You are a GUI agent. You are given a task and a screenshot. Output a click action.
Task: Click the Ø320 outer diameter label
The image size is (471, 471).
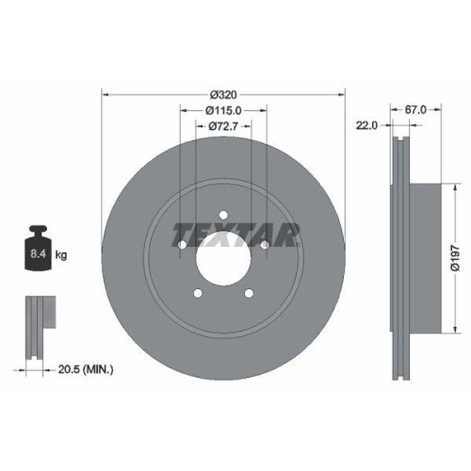(222, 94)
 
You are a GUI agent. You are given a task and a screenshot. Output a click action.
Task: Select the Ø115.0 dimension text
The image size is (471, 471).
(222, 110)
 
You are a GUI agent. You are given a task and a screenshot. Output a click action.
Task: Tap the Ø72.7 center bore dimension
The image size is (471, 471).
(222, 125)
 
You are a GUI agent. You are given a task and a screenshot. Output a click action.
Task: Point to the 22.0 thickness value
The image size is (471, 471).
(366, 124)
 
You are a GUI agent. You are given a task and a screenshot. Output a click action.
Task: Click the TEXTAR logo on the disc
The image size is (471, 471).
(235, 233)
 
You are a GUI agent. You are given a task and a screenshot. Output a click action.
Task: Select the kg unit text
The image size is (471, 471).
(62, 255)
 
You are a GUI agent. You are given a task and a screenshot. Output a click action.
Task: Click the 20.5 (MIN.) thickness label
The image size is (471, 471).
(81, 370)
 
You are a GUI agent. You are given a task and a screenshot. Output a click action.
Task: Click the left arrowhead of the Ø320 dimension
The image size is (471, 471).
(104, 94)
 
